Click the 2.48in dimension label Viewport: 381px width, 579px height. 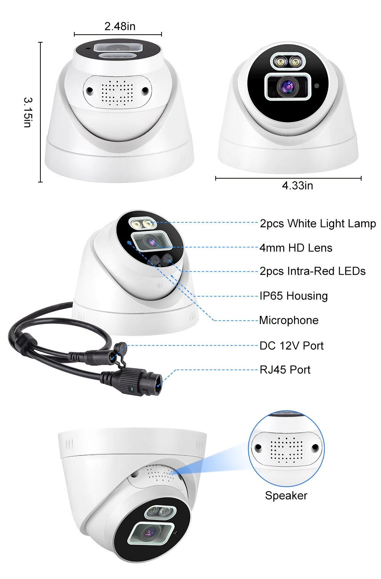pyautogui.click(x=120, y=26)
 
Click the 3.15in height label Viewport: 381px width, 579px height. pyautogui.click(x=28, y=112)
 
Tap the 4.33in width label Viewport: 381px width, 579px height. pyautogui.click(x=297, y=186)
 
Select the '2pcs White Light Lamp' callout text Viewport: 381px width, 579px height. pyautogui.click(x=318, y=223)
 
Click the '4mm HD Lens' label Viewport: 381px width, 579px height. pyautogui.click(x=296, y=248)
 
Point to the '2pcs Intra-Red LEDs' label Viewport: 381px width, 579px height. pyautogui.click(x=312, y=271)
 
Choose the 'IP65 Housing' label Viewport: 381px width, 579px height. pyautogui.click(x=293, y=296)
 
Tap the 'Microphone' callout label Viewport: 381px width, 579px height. pyautogui.click(x=288, y=320)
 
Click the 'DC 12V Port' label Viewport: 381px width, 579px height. pyautogui.click(x=291, y=346)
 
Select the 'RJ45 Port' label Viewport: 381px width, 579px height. pyautogui.click(x=285, y=370)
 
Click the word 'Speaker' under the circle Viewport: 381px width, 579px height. pyautogui.click(x=286, y=496)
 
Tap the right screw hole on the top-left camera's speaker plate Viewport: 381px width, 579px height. pyautogui.click(x=145, y=90)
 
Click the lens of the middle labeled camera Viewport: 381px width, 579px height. pyautogui.click(x=151, y=242)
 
